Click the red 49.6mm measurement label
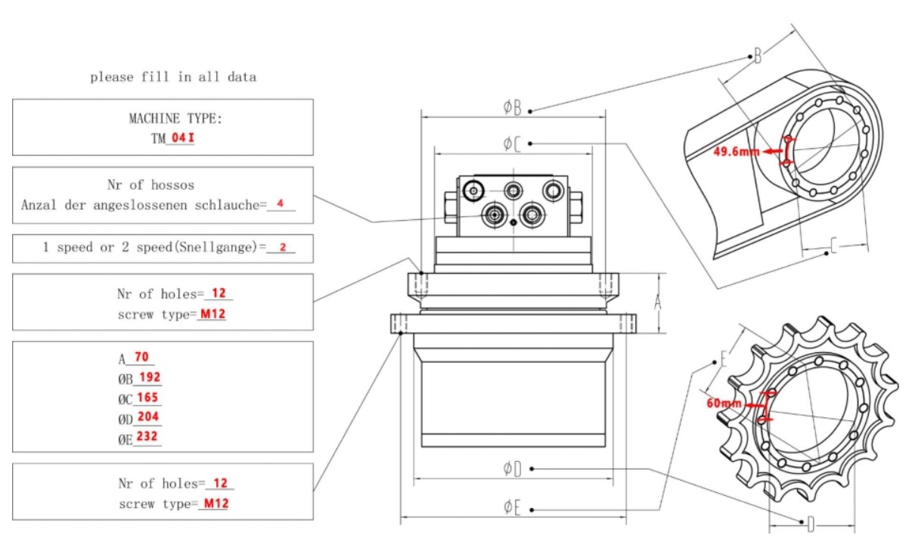tap(736, 151)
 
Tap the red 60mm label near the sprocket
tap(724, 404)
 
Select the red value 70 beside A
tap(141, 358)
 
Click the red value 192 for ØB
tap(150, 378)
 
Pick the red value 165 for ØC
tap(148, 398)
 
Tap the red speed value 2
tap(282, 247)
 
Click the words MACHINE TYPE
tap(165, 119)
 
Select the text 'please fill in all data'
tap(173, 76)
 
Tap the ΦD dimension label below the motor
tap(512, 469)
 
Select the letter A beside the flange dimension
tap(657, 302)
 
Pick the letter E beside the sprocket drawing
tap(724, 358)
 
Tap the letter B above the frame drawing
tap(757, 56)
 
